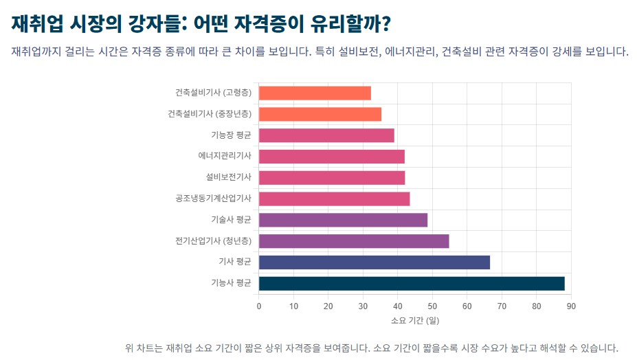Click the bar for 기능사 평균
(x=412, y=283)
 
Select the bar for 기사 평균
(x=375, y=262)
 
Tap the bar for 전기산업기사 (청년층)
(x=354, y=241)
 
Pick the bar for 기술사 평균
(x=343, y=220)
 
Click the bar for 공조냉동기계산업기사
(x=334, y=199)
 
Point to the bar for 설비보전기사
(x=332, y=178)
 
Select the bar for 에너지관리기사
(x=332, y=157)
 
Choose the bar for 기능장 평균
(x=326, y=135)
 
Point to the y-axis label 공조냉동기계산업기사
(x=213, y=199)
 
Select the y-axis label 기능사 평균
(x=231, y=283)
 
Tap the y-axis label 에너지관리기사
(x=224, y=157)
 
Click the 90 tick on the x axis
(x=571, y=306)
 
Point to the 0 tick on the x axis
(x=259, y=306)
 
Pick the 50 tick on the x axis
(x=432, y=306)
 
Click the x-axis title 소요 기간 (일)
(x=414, y=321)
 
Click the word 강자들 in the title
(x=155, y=24)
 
